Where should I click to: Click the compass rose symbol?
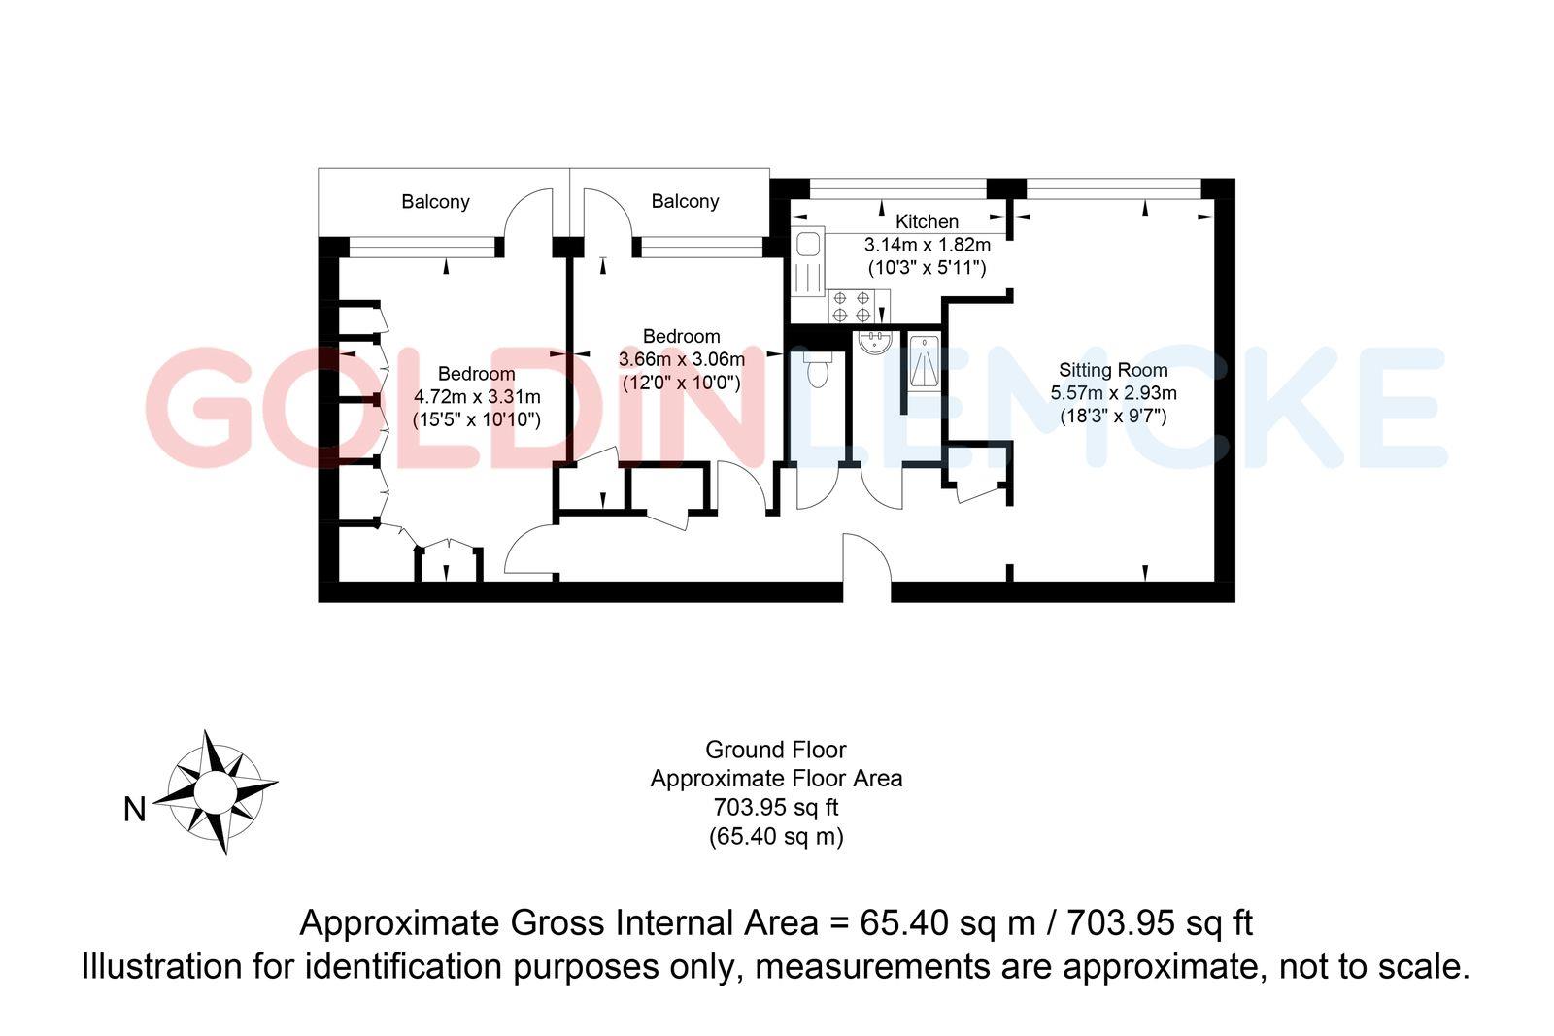pos(215,792)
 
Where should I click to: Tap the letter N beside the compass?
pos(134,809)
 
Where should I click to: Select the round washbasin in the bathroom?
pos(876,342)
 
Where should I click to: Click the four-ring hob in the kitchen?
pos(851,307)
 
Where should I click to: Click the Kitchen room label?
pos(927,221)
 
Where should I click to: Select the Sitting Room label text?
pos(1113,370)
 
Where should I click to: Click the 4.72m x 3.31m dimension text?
pos(477,396)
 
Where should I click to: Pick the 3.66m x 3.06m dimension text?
pos(682,359)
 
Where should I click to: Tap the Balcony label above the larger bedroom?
pos(435,202)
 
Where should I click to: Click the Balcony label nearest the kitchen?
pos(685,201)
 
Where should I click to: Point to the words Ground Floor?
pos(775,750)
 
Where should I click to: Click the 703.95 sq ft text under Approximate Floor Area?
pos(775,807)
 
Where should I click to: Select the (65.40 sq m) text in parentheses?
pos(775,836)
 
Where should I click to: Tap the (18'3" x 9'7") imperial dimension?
pos(1113,417)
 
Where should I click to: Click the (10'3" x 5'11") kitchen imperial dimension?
pos(927,267)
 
